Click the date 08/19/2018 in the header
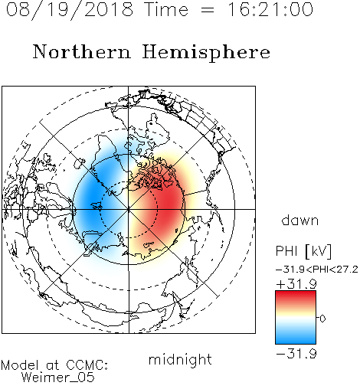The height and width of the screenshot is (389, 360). point(70,10)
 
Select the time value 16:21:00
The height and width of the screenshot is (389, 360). point(270,9)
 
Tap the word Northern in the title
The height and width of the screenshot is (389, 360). point(82,52)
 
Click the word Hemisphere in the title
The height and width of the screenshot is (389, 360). point(206,53)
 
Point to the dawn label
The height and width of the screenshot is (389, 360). point(300,220)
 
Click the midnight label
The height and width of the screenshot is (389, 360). point(180,360)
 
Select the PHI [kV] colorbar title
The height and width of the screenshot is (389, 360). point(303,251)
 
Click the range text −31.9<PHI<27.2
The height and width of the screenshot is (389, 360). point(317,270)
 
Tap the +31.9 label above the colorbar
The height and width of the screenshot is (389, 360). point(296,284)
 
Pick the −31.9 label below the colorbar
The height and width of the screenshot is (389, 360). point(296,354)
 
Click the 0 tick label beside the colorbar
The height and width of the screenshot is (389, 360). point(322,319)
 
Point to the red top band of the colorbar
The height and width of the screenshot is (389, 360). point(296,296)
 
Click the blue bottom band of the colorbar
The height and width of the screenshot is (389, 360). point(296,338)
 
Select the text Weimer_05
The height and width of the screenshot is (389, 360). point(58,378)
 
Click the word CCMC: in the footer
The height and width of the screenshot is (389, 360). point(87,365)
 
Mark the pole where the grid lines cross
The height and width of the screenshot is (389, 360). point(129,210)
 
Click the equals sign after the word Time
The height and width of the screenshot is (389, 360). point(208,10)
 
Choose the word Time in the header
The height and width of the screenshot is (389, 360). point(166,9)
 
